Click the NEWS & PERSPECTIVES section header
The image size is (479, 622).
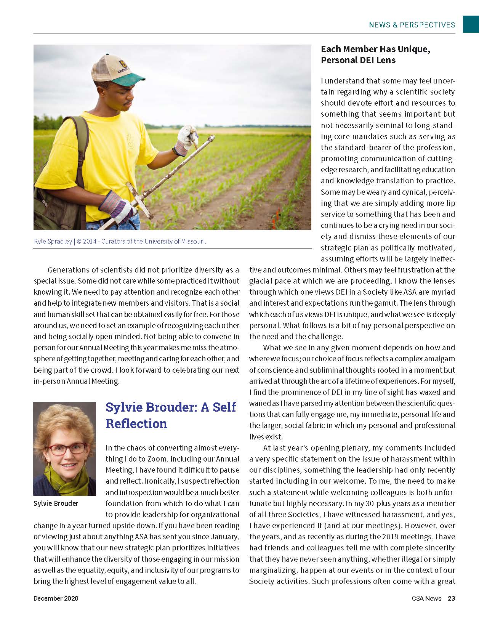click(412, 25)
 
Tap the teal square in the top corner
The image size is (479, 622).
click(471, 24)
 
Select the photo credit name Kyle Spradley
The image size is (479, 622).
click(53, 242)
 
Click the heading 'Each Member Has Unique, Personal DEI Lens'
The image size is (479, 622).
click(375, 55)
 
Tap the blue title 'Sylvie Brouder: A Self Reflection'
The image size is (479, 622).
click(171, 415)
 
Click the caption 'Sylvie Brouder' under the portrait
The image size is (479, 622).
click(56, 503)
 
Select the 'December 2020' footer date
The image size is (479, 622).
click(56, 598)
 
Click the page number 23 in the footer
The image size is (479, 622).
click(451, 598)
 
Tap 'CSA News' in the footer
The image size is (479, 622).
click(426, 598)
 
